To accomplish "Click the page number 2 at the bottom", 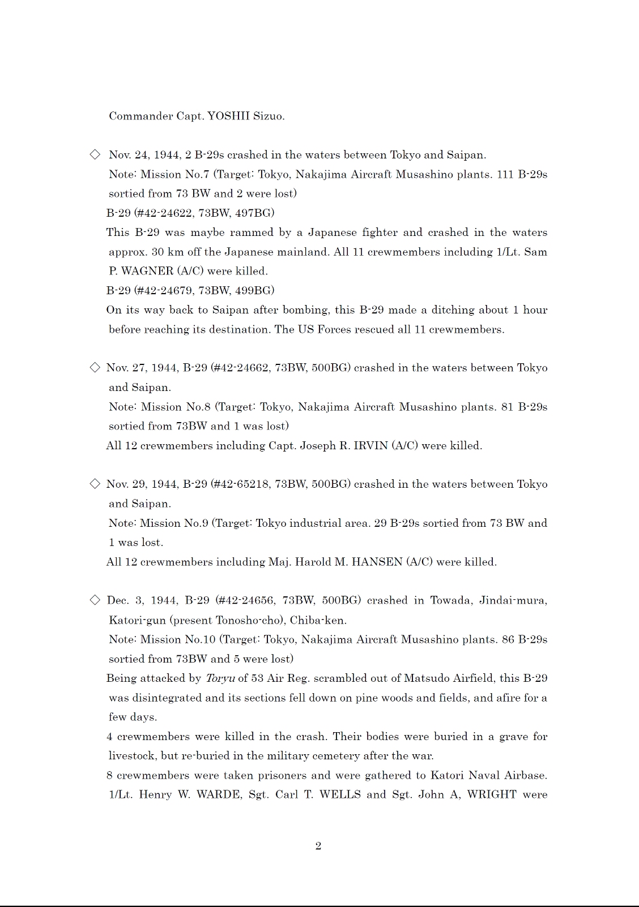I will (x=318, y=846).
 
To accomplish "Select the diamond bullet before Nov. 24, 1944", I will (x=95, y=154).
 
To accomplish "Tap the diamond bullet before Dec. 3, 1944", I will (x=95, y=600).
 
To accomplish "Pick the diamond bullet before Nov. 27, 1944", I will (x=95, y=368).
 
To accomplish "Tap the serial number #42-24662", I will (x=240, y=368).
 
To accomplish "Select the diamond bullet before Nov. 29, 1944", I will (x=95, y=484).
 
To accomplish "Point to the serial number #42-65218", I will (x=240, y=484).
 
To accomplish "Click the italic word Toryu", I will (x=220, y=678).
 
